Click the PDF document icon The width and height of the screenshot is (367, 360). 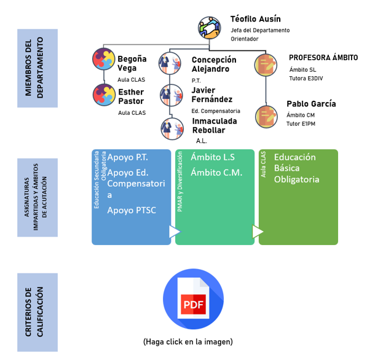[193, 299]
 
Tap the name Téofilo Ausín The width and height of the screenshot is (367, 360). [255, 19]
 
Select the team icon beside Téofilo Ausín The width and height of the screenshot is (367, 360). [210, 28]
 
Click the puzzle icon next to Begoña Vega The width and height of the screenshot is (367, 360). [104, 59]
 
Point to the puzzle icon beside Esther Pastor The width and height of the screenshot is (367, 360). [104, 95]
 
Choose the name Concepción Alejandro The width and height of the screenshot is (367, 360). [214, 65]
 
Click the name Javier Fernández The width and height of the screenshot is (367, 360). [212, 95]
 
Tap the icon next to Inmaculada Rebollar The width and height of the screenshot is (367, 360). [172, 129]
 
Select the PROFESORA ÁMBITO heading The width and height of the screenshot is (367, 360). [323, 58]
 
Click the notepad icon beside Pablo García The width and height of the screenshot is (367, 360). [266, 117]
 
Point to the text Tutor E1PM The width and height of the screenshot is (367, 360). [301, 123]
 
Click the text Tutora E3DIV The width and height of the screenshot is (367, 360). [306, 79]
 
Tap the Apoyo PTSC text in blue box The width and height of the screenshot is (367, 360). [132, 210]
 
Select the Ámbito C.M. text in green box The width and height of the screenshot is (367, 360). [216, 173]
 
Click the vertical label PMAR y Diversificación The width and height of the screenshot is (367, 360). [180, 181]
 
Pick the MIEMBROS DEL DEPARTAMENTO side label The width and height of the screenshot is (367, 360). [34, 68]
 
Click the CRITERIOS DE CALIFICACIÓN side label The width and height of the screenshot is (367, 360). [34, 312]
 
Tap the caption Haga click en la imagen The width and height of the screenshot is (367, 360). [188, 342]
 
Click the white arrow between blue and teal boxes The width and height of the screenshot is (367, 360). [175, 232]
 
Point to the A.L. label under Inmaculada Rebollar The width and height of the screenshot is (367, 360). [202, 141]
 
